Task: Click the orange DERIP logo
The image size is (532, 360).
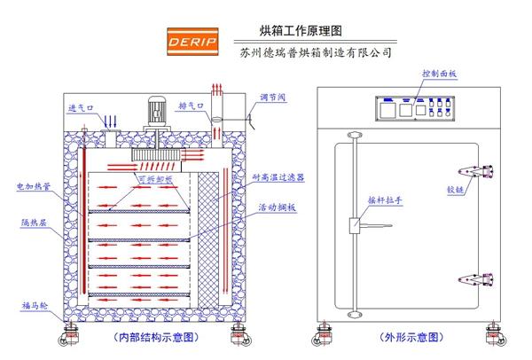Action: tap(191, 42)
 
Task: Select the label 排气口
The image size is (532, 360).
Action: tap(191, 105)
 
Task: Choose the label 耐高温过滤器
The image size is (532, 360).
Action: tap(279, 177)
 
